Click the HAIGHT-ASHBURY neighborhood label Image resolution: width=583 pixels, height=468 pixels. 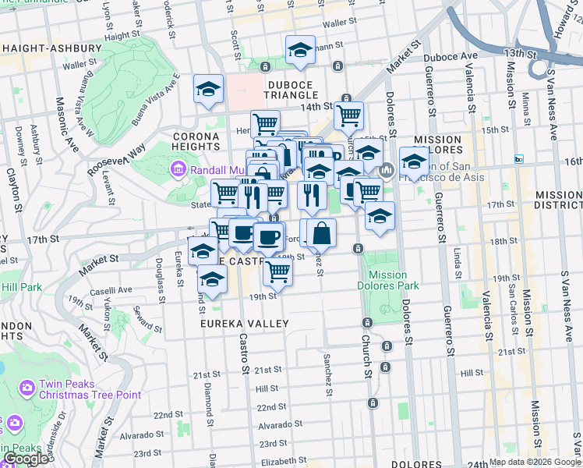point(53,48)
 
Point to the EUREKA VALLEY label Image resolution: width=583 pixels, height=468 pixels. point(244,323)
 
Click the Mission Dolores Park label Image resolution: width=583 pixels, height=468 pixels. point(387,280)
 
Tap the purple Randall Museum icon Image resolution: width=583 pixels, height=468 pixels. point(178,169)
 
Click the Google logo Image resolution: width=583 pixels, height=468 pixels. point(26,459)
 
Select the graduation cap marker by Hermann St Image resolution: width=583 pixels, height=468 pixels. point(300,51)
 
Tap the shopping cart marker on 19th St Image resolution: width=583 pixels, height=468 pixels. point(277,271)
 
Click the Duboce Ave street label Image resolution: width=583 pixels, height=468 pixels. point(450,57)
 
